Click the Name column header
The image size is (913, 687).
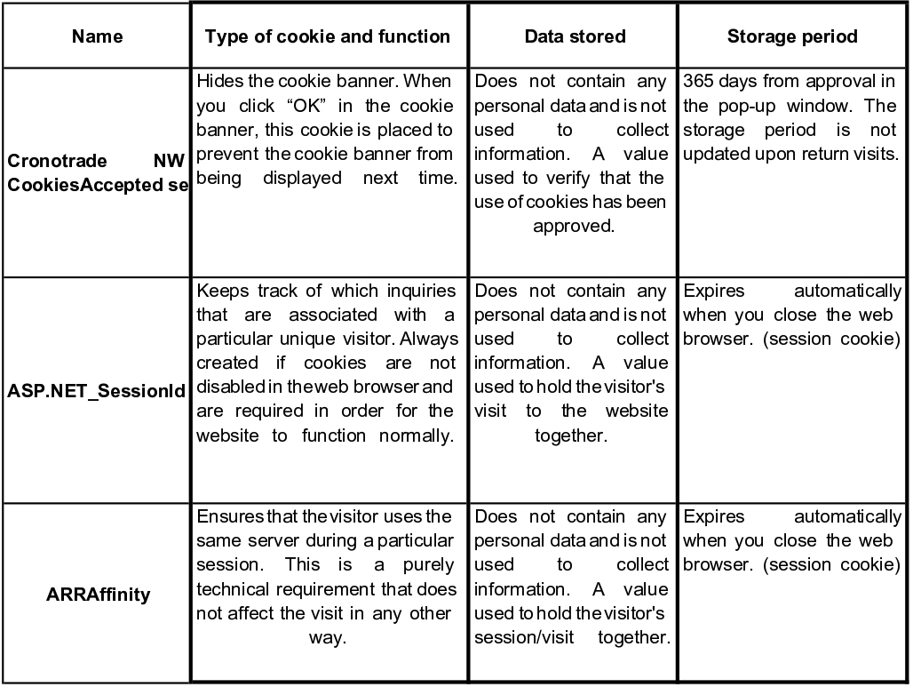(x=97, y=36)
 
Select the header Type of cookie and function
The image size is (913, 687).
(x=328, y=36)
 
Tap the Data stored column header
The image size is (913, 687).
(x=575, y=36)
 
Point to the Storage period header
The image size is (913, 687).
(x=792, y=36)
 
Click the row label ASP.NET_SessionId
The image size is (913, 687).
(x=97, y=391)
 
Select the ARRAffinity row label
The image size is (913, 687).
(x=97, y=594)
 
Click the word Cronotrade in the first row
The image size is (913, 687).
(x=52, y=162)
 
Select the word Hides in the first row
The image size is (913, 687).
(x=218, y=82)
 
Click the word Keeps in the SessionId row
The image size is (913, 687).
(x=218, y=291)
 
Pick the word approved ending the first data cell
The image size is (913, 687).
(x=574, y=226)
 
